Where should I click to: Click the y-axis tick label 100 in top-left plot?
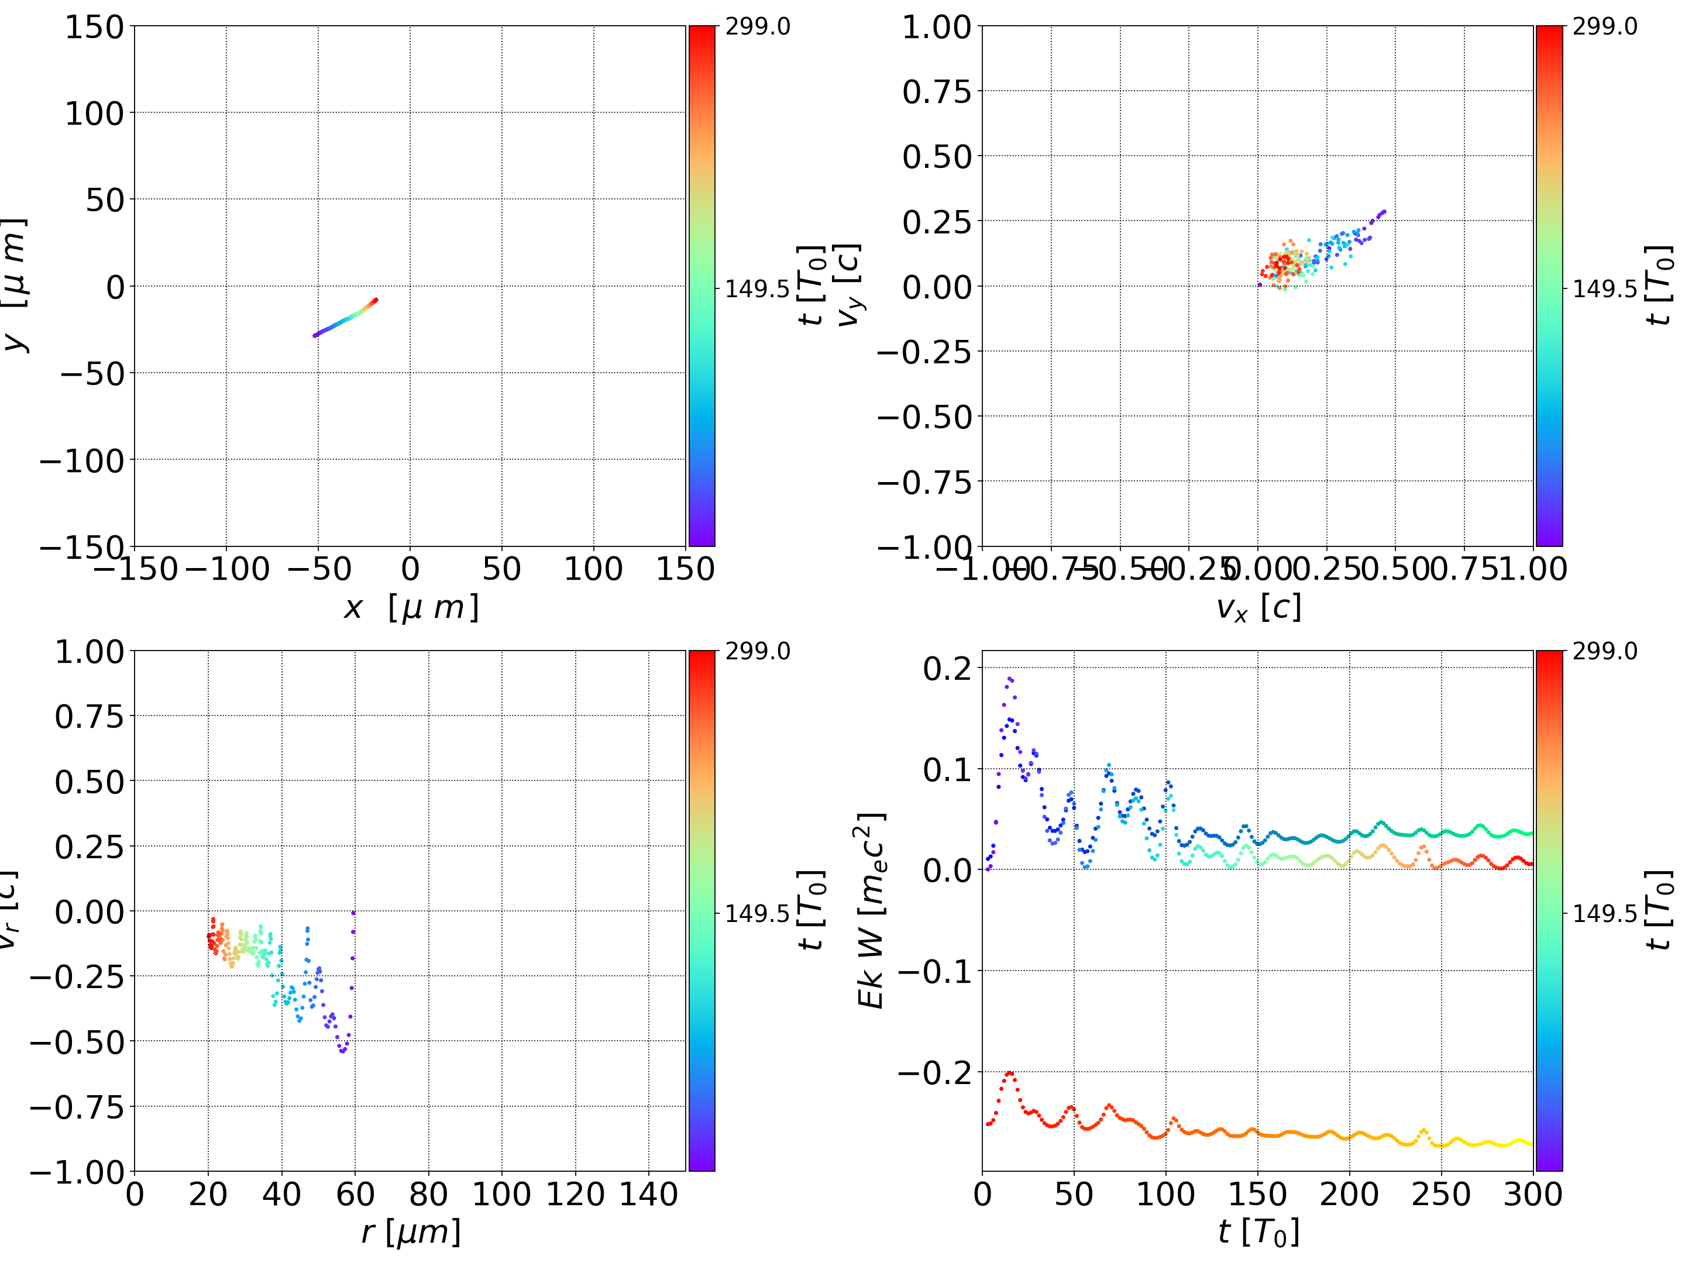point(94,113)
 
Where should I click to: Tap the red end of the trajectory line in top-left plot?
point(376,300)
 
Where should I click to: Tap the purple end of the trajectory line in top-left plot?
point(315,335)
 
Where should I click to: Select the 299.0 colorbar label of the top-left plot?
point(757,27)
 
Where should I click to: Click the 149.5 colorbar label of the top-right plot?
point(1604,289)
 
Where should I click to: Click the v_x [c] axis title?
point(1258,607)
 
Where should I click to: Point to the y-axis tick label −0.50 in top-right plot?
point(925,417)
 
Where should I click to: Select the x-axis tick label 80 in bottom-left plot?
point(428,1194)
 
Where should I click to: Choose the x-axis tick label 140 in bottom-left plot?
point(648,1194)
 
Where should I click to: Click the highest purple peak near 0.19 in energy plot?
point(1009,678)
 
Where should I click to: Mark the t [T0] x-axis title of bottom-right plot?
point(1258,1232)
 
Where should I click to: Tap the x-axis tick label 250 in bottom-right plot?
point(1441,1194)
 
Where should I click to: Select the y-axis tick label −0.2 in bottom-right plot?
point(935,1073)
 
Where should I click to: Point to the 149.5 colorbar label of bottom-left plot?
point(757,913)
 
